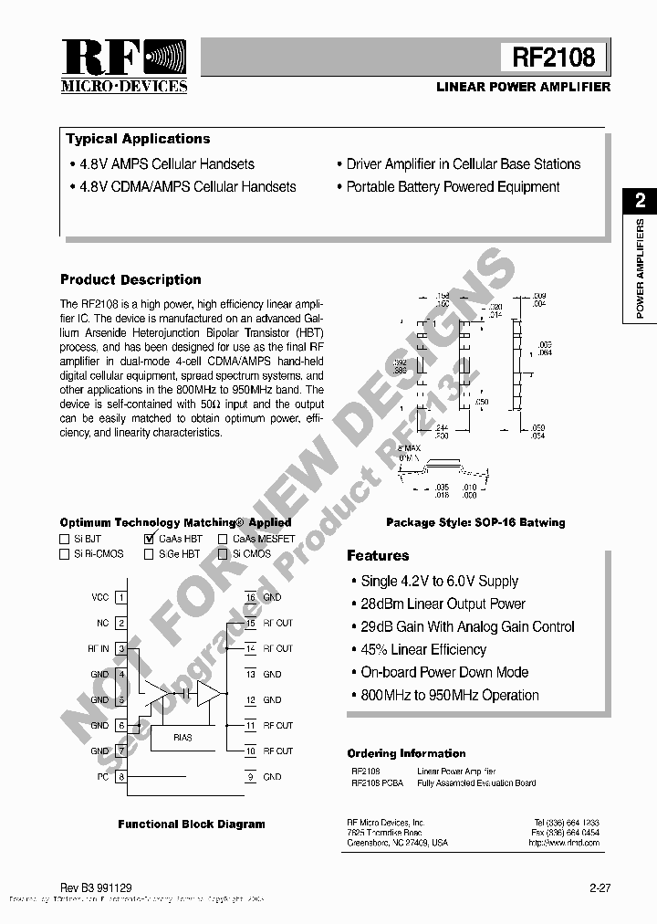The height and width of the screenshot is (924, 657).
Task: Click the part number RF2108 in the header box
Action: [x=553, y=58]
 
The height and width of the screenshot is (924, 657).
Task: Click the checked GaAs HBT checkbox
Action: [x=149, y=539]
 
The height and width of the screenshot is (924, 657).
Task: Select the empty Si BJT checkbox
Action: [x=65, y=539]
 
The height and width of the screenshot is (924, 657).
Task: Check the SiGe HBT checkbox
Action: [x=149, y=553]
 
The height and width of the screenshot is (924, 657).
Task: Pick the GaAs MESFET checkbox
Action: [x=223, y=539]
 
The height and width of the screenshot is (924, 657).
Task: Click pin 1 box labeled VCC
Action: [x=120, y=597]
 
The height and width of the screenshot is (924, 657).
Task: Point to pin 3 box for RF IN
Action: [x=120, y=648]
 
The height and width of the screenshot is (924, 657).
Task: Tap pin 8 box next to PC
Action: [x=120, y=777]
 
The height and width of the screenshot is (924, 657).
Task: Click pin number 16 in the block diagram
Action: [x=249, y=597]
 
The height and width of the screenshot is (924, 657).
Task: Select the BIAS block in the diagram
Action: [x=182, y=736]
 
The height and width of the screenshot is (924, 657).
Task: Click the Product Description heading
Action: [x=130, y=279]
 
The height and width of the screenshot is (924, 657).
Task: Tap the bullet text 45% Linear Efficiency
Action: [x=423, y=649]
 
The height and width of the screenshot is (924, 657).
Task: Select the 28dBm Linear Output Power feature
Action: [x=443, y=604]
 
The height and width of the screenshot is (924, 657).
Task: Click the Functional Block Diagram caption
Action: [x=191, y=824]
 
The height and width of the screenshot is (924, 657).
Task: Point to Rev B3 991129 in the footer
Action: [x=96, y=886]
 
